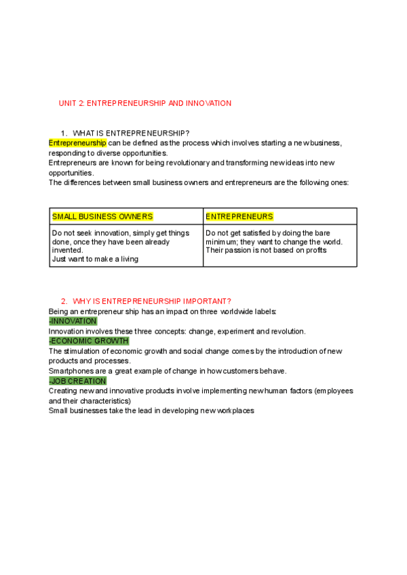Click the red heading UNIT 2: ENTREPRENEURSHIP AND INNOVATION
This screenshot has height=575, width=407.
(145, 103)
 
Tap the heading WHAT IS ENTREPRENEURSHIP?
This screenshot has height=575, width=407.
(131, 132)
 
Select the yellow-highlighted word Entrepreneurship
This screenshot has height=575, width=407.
(77, 143)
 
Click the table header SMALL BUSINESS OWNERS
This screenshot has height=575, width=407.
(102, 217)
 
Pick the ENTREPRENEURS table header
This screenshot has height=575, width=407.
(239, 217)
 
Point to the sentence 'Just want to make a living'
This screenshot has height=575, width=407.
(95, 259)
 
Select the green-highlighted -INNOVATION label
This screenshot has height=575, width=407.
(73, 321)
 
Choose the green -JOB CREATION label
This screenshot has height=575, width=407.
(77, 381)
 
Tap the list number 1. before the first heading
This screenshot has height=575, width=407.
(64, 132)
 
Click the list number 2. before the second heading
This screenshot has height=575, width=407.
(64, 301)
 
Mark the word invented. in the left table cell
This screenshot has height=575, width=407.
(67, 250)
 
